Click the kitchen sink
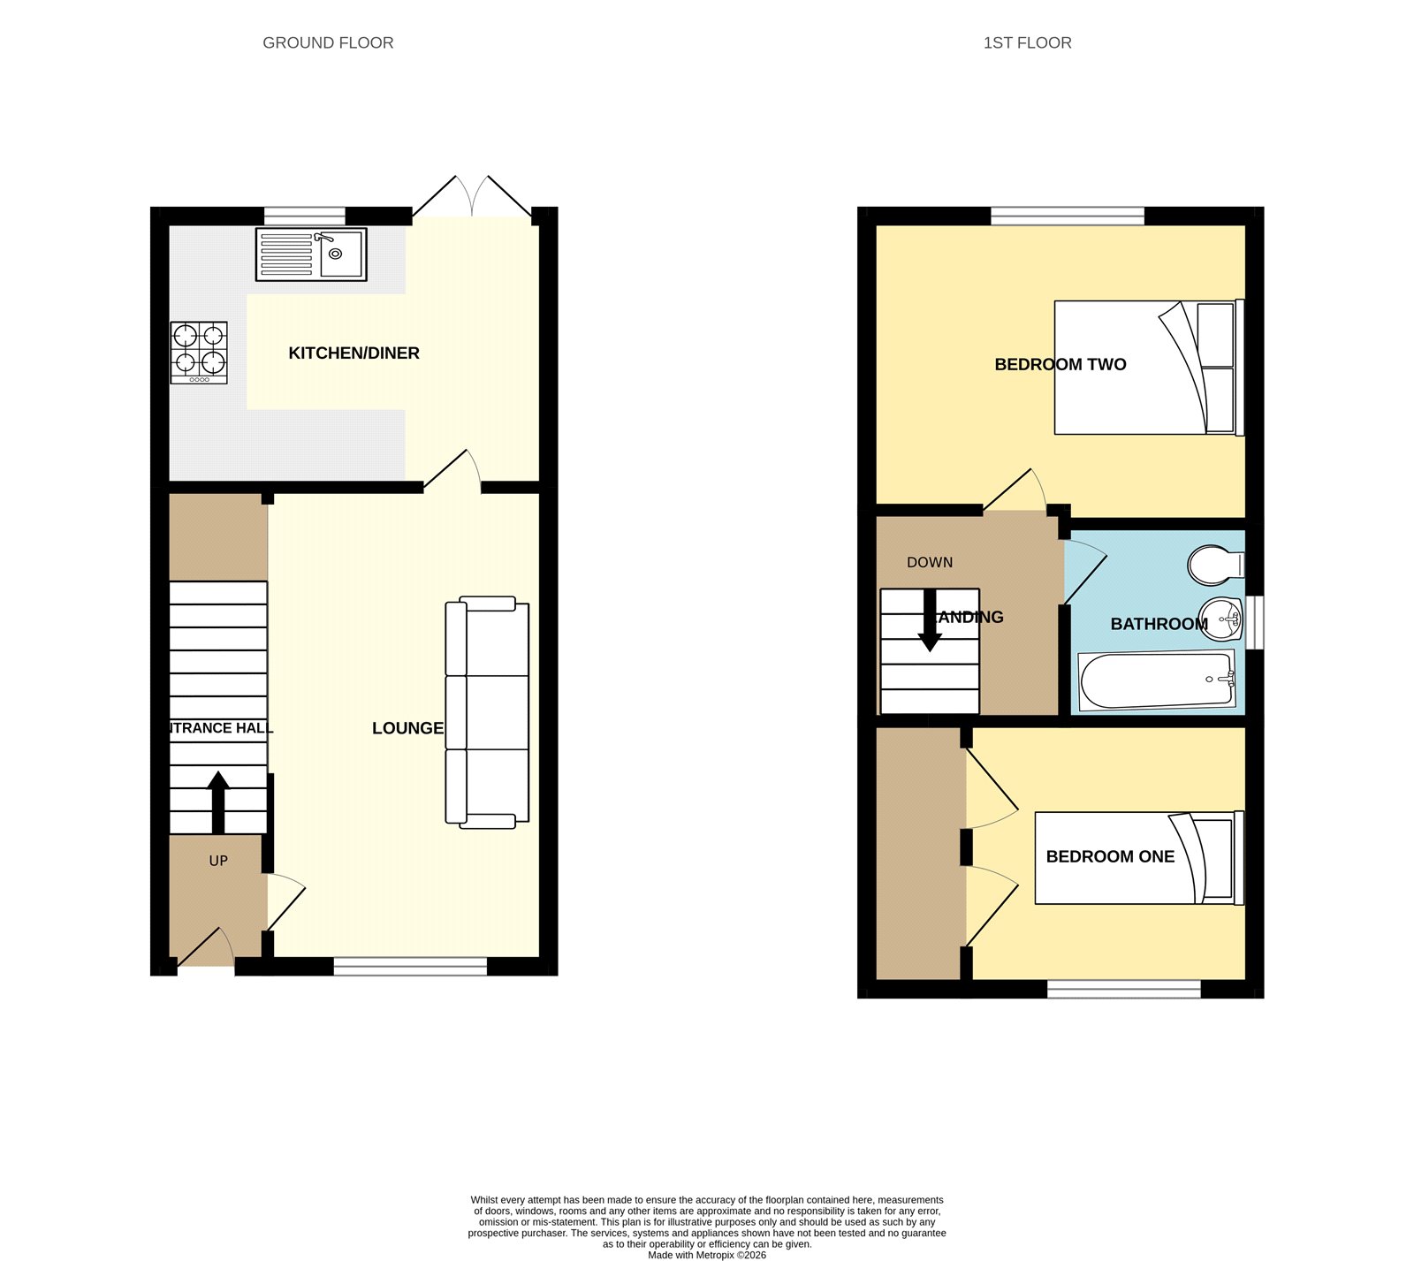click(x=310, y=254)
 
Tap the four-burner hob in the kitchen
click(x=199, y=352)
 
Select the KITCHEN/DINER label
click(x=353, y=353)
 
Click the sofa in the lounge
click(x=486, y=712)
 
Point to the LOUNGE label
click(x=407, y=728)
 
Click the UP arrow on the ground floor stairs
click(x=218, y=801)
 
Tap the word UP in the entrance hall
click(x=218, y=861)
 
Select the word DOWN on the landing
click(x=930, y=562)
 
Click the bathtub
click(x=1157, y=680)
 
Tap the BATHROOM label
click(x=1158, y=624)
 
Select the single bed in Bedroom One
click(x=1138, y=858)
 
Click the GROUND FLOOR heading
click(x=328, y=42)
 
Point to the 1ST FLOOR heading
click(x=1027, y=42)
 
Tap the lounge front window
click(x=410, y=967)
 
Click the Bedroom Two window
click(x=1068, y=216)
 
